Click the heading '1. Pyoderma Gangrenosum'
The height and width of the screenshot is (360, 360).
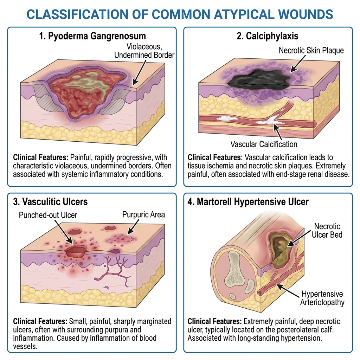(92, 36)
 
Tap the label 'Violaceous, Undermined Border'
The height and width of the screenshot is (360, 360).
(144, 51)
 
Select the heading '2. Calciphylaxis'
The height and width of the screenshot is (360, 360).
(268, 36)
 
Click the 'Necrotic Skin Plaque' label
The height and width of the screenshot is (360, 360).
(311, 50)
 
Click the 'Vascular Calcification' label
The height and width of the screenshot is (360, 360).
(264, 144)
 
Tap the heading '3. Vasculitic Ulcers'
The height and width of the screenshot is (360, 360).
(50, 202)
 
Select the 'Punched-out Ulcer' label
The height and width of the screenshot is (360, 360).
(49, 215)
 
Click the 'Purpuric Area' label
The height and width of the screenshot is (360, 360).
(143, 214)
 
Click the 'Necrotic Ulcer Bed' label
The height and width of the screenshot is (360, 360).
(327, 230)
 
